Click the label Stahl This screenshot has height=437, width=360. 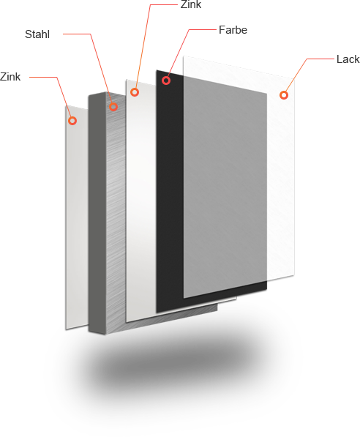[37, 34]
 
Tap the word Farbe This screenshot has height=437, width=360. [233, 30]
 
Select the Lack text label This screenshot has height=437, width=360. [348, 59]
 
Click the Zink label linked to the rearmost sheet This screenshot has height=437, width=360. [10, 77]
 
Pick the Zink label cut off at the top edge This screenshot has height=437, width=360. [191, 4]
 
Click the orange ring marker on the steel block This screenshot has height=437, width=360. [113, 106]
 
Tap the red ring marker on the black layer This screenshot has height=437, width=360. [166, 81]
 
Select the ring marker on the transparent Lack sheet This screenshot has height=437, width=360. [284, 95]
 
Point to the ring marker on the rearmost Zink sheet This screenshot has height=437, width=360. [72, 121]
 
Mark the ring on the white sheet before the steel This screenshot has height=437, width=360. [135, 92]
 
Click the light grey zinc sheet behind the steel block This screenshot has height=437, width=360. [77, 217]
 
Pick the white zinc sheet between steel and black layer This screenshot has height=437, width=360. [140, 201]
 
